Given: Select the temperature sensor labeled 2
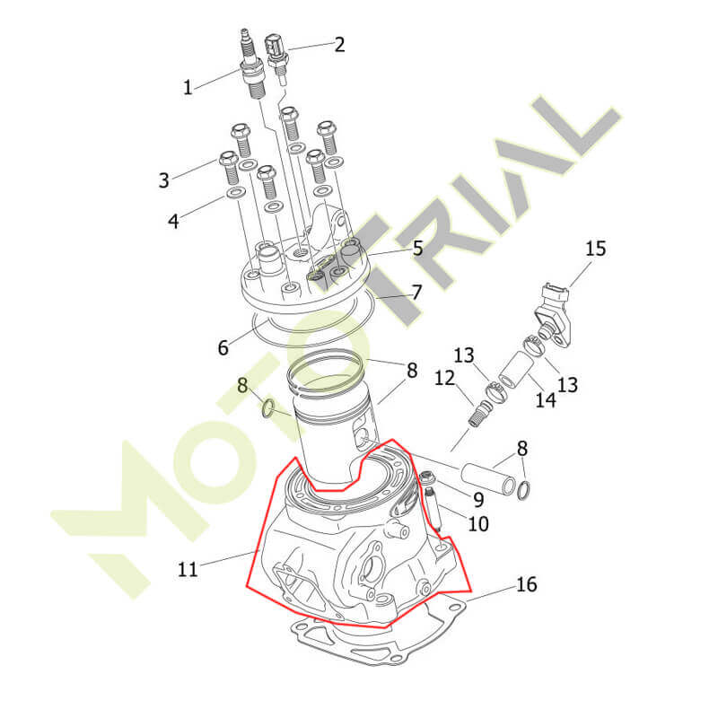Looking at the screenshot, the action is (x=277, y=58).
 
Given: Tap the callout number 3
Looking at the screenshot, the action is (x=164, y=180).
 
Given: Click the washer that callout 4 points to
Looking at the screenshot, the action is (x=234, y=194).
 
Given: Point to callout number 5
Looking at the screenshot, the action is (x=418, y=248).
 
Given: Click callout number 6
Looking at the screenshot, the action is (x=223, y=347).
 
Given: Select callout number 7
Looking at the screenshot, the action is (x=416, y=293).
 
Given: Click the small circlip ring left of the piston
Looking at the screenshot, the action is (x=268, y=408).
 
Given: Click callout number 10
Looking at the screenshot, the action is (x=478, y=523).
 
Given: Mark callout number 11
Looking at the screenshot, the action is (x=188, y=569).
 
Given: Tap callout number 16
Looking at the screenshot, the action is (x=526, y=584).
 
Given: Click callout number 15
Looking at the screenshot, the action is (x=596, y=249).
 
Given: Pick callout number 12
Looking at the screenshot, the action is (x=444, y=378).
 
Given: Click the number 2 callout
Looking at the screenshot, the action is (x=339, y=44).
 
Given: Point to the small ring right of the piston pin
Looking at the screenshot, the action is (x=524, y=490).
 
